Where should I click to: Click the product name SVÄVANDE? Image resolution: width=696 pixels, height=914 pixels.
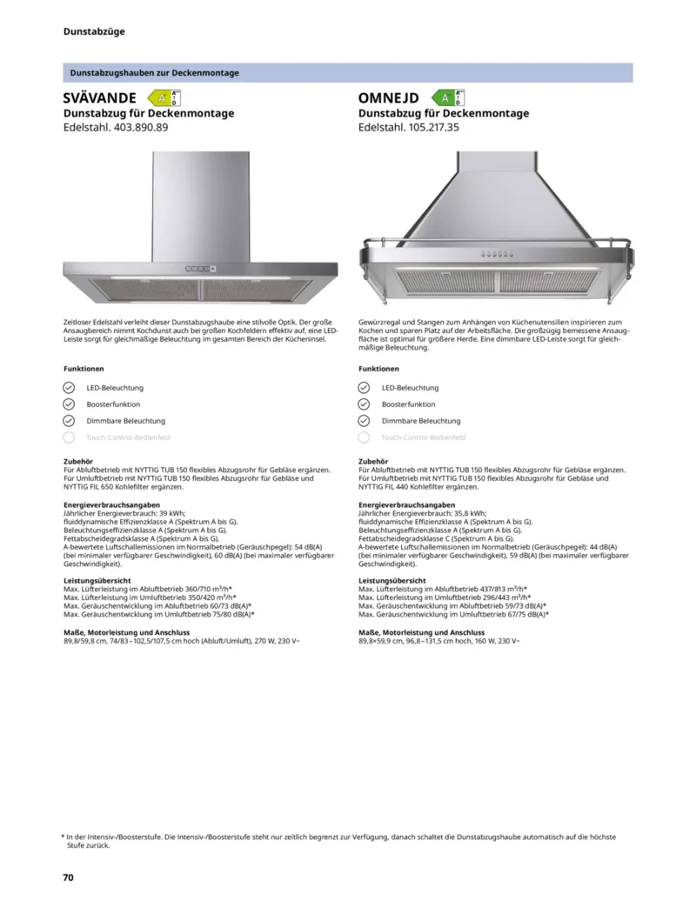click(99, 97)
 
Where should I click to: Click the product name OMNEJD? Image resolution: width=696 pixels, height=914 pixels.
click(388, 97)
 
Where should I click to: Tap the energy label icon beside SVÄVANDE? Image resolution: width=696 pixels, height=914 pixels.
click(164, 97)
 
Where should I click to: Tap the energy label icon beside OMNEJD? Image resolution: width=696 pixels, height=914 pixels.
click(450, 97)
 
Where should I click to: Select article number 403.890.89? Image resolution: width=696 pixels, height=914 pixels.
click(135, 127)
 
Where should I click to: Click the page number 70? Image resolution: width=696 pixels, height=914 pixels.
click(68, 877)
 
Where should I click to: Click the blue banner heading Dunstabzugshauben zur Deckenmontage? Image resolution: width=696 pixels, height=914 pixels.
click(154, 73)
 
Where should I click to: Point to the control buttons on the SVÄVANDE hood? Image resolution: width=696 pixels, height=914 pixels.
click(199, 268)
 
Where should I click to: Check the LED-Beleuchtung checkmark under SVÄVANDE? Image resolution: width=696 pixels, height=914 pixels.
click(70, 388)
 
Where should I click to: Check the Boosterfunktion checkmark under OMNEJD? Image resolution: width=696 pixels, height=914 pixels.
click(364, 404)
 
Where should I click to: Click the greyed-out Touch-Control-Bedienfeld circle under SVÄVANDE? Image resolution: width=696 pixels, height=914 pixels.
click(70, 437)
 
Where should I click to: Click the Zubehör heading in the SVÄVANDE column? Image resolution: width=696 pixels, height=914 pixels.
click(78, 461)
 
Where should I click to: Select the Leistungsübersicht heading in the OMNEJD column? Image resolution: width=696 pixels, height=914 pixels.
click(392, 580)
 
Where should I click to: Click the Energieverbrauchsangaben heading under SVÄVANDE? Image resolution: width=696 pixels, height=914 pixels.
click(112, 504)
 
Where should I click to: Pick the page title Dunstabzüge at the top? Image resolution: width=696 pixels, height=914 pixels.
click(94, 32)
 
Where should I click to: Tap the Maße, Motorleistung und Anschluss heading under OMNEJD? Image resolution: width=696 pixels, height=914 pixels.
click(422, 632)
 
